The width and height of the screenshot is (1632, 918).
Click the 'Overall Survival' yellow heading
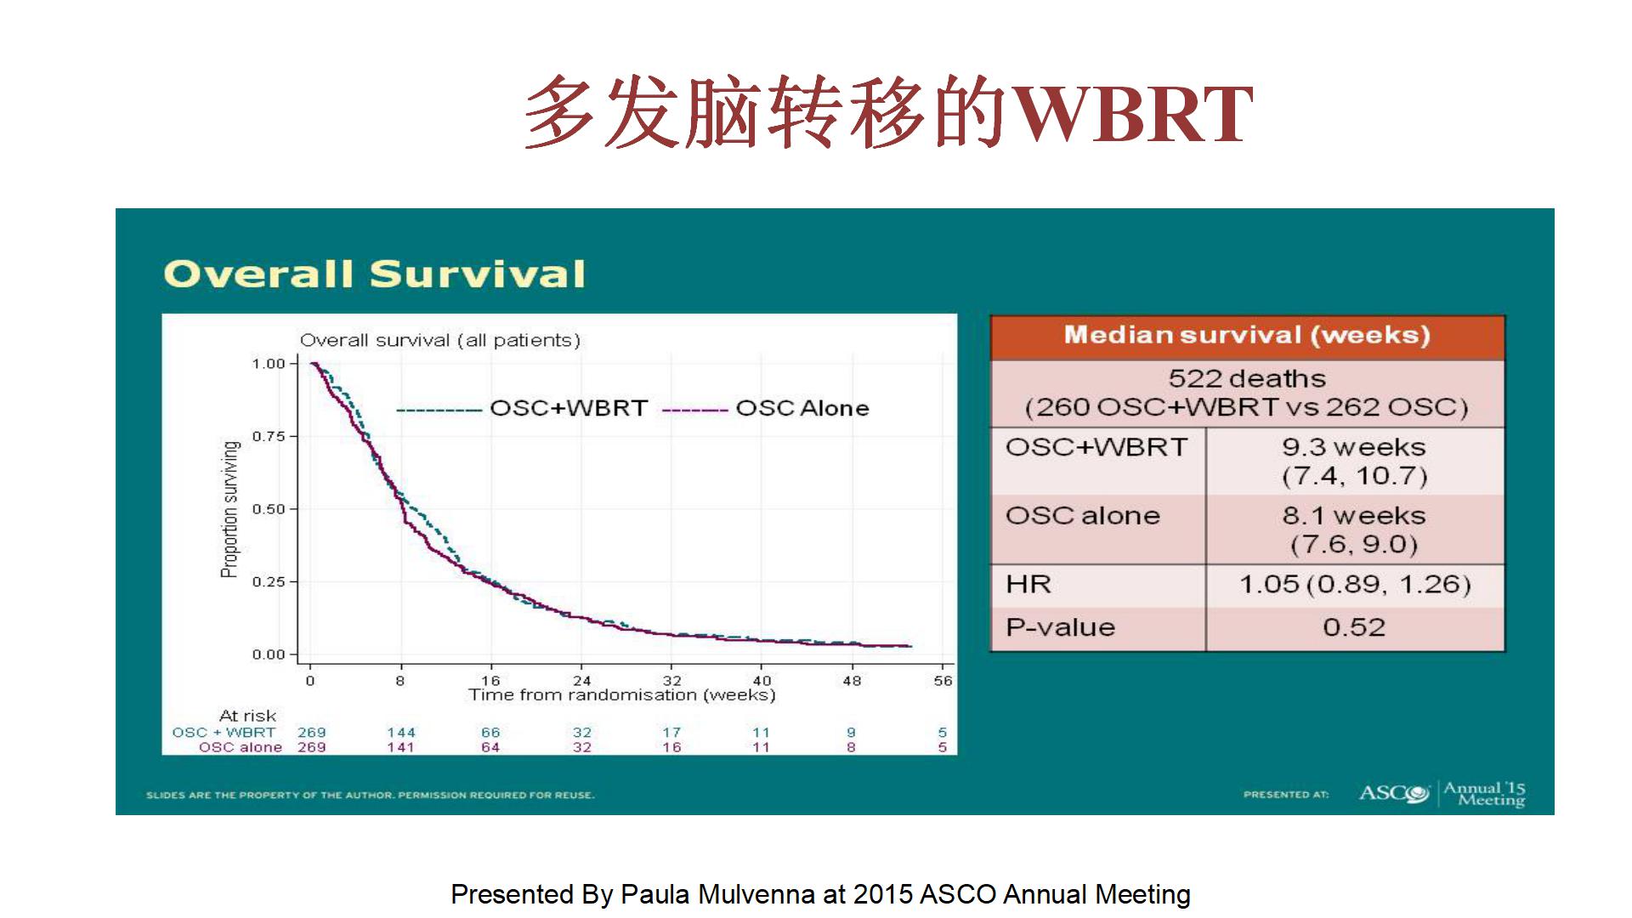(x=375, y=274)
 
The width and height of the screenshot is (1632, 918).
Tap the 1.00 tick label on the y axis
(x=269, y=364)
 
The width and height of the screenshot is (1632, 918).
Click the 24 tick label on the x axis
(x=581, y=681)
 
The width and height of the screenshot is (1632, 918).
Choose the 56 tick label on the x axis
(x=943, y=681)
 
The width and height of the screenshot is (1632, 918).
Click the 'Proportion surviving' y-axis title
(x=229, y=509)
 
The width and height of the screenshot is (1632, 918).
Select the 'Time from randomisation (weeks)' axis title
(x=622, y=695)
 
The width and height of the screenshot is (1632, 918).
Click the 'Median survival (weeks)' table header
(x=1247, y=335)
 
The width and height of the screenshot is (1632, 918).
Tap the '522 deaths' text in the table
(x=1247, y=378)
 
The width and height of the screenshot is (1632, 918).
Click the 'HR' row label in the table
(x=1028, y=584)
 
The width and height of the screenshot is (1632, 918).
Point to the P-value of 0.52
(x=1354, y=627)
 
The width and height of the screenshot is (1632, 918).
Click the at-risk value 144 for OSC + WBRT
(x=401, y=733)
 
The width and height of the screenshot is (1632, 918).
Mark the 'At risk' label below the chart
(x=247, y=716)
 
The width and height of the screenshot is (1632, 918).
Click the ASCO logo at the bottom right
(x=1394, y=793)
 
